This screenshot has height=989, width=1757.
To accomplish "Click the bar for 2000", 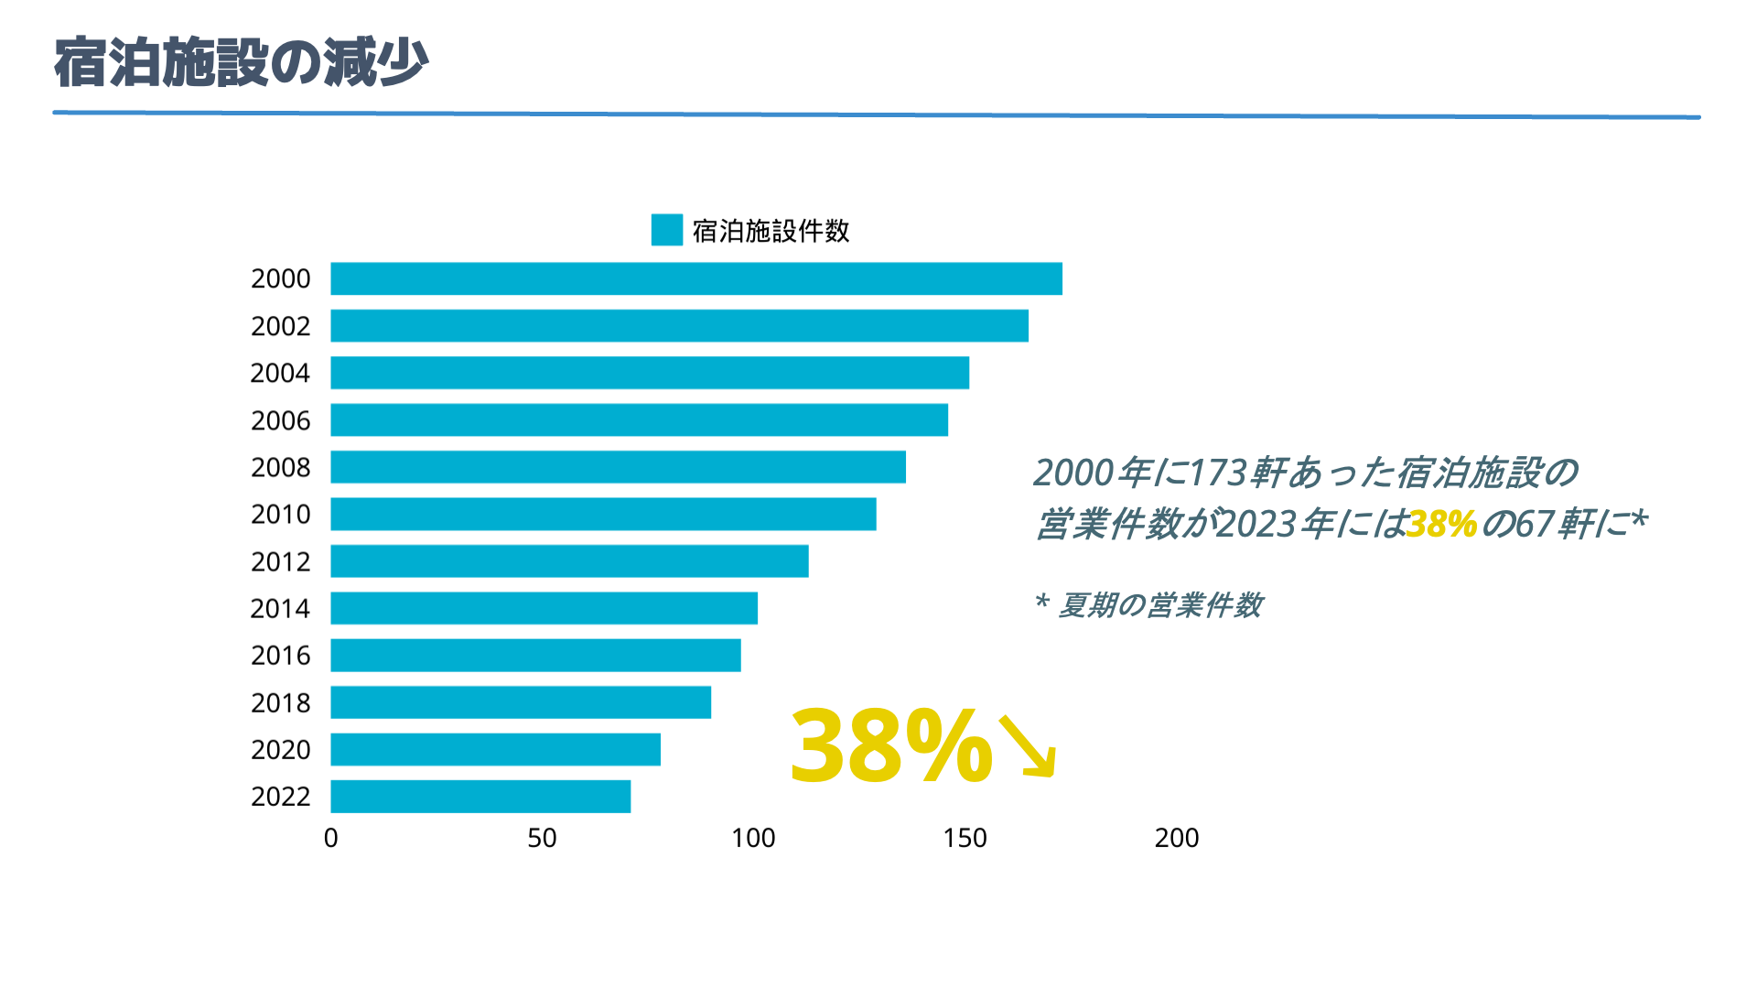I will point(695,278).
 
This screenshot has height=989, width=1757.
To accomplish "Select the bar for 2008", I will point(618,467).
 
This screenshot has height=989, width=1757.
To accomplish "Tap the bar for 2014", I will point(544,608).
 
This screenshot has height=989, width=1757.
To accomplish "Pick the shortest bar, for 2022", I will point(480,797).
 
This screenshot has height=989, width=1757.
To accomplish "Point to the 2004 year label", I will point(280,374).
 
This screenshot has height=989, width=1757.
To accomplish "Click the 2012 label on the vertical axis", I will point(280,561).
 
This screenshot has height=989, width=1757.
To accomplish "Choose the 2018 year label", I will point(280,702).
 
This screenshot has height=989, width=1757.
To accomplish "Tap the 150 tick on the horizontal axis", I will point(965,838).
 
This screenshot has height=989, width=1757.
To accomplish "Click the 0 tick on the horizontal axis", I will point(330,838).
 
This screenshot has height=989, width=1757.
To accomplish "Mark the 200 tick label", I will point(1176,838).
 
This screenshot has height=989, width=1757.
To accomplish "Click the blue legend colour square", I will point(666,230).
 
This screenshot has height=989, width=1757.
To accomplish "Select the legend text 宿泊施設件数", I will point(771,231).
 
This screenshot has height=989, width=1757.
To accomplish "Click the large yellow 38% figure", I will point(890,745).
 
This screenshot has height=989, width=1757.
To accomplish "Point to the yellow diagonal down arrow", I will point(1029,747).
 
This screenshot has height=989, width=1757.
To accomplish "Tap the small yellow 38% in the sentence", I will point(1441,525).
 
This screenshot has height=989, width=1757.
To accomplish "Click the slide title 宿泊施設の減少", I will point(241,63).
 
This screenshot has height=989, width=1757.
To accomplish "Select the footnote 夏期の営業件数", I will point(1159,605).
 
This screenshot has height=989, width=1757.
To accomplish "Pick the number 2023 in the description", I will point(1257,525).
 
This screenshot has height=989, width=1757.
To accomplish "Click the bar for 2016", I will point(535,656).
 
